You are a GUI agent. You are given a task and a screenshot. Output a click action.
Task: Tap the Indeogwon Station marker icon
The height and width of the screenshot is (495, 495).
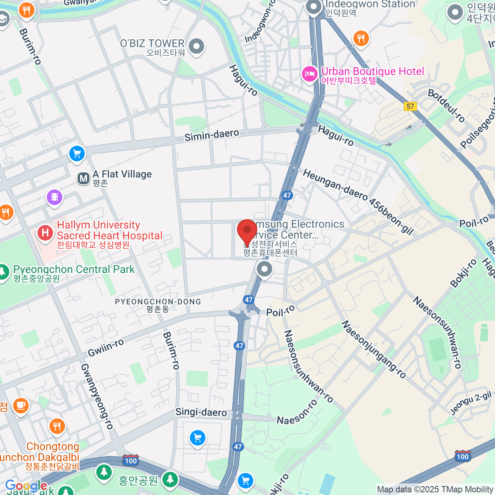(x=314, y=7)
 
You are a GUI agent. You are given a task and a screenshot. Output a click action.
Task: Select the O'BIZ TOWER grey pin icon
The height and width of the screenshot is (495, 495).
(x=196, y=46)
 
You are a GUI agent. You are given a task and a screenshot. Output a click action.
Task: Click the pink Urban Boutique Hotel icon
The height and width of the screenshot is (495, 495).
(x=309, y=74)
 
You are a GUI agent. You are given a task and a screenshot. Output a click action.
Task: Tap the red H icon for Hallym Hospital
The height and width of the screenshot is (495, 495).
(x=45, y=233)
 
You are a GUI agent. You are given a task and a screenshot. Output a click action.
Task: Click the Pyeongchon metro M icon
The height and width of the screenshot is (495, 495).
(x=84, y=179)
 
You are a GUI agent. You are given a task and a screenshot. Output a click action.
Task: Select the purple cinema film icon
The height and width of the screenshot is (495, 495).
(x=54, y=197)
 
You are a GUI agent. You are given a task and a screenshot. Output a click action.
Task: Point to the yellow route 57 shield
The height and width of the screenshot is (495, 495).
(x=410, y=106)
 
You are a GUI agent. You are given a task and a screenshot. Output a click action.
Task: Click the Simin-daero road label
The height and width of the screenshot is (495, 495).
(x=211, y=135)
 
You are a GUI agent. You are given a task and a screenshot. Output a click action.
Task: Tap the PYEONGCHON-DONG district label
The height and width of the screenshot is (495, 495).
(x=158, y=302)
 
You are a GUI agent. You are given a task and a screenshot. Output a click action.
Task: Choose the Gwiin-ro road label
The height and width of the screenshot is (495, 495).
(x=106, y=348)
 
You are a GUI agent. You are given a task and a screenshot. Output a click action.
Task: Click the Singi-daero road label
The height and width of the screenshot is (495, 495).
(x=201, y=412)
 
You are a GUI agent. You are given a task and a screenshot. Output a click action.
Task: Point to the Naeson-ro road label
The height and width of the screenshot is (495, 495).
(x=297, y=412)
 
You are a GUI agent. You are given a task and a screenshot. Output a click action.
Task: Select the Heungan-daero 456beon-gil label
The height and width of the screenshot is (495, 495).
(x=358, y=201)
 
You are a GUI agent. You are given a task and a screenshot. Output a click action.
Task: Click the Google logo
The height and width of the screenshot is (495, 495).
(x=26, y=486)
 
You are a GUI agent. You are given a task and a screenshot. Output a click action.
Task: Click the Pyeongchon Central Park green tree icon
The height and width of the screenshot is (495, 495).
(x=3, y=271)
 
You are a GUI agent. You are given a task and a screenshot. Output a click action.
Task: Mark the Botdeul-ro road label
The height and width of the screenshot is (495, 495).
(x=446, y=105)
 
